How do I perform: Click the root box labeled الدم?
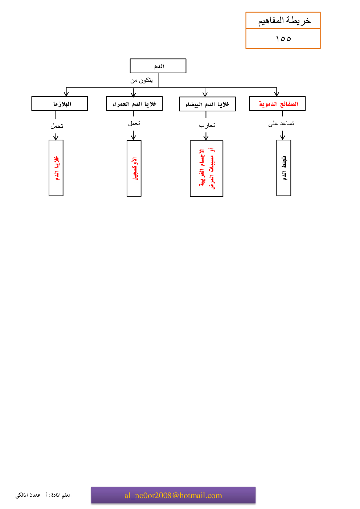(x=158, y=66)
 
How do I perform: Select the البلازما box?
(x=60, y=104)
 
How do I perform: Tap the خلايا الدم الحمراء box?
(x=134, y=104)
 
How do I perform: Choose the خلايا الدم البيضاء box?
(x=207, y=104)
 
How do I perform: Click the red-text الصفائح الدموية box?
(x=277, y=104)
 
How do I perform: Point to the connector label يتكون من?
(x=142, y=80)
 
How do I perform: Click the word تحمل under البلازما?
(x=57, y=126)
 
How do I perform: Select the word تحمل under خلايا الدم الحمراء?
(x=134, y=124)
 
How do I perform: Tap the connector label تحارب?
(x=207, y=126)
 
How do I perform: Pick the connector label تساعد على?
(x=281, y=124)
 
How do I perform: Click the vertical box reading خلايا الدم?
(x=56, y=168)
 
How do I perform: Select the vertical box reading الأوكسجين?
(x=134, y=168)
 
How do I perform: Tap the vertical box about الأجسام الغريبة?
(x=206, y=169)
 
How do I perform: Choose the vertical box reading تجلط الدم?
(x=284, y=168)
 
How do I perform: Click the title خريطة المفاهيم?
(x=284, y=21)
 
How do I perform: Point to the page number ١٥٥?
(x=283, y=38)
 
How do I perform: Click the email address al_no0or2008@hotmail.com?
(x=173, y=495)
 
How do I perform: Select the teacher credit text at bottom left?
(x=43, y=495)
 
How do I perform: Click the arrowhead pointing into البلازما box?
(x=66, y=94)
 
